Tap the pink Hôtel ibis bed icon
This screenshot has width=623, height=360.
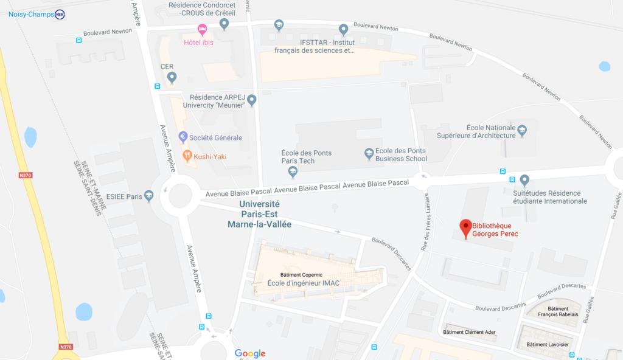point(203,29)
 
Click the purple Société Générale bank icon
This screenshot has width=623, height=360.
point(183,137)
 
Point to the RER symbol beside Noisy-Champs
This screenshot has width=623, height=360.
point(60,14)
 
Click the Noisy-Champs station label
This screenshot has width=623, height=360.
point(31,14)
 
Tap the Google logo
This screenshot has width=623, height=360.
point(250,353)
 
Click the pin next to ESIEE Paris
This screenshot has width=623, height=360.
point(149,195)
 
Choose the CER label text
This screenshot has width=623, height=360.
point(167,66)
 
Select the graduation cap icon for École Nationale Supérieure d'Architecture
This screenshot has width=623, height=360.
point(521,130)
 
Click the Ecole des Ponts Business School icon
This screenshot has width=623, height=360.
point(369,154)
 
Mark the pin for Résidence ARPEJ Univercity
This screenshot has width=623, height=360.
point(251,100)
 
